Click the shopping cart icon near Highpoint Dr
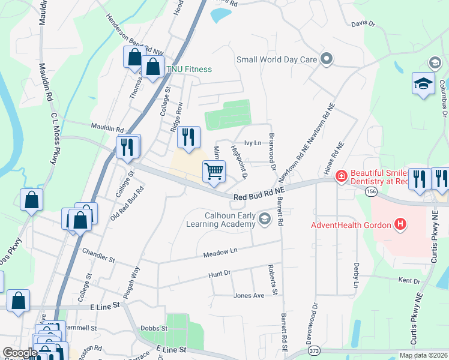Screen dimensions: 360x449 [214, 172]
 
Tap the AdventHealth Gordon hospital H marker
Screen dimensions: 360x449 [400, 225]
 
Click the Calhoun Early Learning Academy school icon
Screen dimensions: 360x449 [264, 220]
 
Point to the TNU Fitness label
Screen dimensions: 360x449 [189, 69]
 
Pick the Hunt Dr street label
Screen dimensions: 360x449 [219, 272]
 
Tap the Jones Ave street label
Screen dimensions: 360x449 [249, 295]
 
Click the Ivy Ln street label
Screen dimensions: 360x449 [253, 143]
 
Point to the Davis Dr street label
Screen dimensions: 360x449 [363, 24]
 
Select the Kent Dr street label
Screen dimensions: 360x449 [409, 280]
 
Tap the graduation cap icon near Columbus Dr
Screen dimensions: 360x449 [423, 84]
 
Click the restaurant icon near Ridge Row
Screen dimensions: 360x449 [188, 137]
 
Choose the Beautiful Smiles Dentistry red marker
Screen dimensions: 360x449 [340, 176]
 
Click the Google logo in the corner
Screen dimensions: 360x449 [20, 353]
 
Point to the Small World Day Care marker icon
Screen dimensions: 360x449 [327, 59]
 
